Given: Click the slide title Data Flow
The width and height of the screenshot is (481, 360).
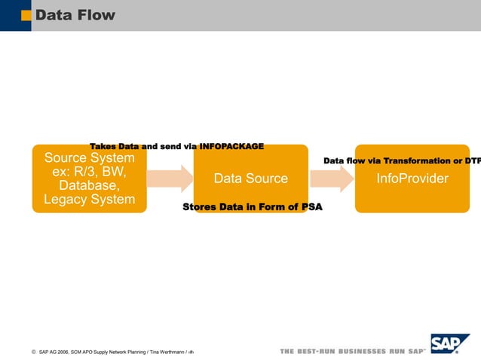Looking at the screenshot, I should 75,15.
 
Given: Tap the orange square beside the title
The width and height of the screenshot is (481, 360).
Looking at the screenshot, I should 26,15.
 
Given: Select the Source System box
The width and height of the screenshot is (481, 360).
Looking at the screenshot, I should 89,178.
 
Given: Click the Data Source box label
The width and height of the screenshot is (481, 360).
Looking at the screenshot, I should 250,178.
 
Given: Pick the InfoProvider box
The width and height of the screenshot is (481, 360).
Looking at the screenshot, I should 412,178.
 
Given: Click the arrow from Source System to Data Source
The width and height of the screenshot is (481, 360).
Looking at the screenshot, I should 170,178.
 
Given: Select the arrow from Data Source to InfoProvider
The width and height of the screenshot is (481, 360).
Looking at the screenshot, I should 332,178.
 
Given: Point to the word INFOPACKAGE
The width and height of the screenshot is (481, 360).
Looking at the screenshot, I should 231,145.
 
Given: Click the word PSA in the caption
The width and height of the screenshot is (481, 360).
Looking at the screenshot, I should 311,206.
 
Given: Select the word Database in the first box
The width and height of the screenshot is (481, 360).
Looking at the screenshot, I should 89,185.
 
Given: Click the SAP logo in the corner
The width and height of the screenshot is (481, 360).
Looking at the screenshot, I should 449,343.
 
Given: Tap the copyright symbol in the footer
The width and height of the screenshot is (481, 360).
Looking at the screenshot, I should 34,352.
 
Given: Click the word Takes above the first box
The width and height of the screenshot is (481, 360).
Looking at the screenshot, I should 103,145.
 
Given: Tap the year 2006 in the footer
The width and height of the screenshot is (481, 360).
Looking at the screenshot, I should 61,352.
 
